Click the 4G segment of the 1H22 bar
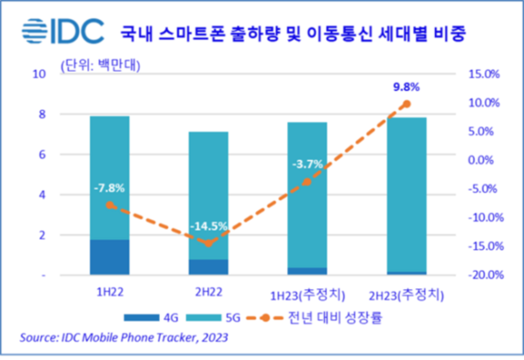point(110,256)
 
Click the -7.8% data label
point(110,187)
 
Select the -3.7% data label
point(307,162)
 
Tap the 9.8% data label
point(405,87)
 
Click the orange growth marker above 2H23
point(405,104)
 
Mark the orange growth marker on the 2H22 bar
point(208,243)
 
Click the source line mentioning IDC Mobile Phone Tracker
point(114,337)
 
